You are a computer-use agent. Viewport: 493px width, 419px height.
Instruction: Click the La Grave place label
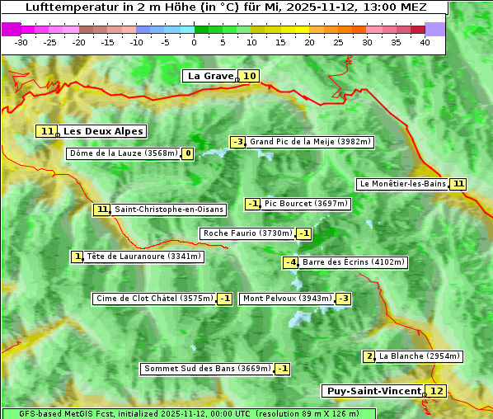pyautogui.click(x=210, y=76)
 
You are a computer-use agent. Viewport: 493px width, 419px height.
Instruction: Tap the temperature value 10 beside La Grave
pyautogui.click(x=250, y=76)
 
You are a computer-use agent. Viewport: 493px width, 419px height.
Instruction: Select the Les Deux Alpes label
pyautogui.click(x=103, y=131)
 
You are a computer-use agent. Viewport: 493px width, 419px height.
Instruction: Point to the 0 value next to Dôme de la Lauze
pyautogui.click(x=188, y=153)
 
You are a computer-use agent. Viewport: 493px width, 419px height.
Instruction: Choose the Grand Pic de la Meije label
pyautogui.click(x=311, y=142)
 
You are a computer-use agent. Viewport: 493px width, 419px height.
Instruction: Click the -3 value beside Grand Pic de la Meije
pyautogui.click(x=237, y=142)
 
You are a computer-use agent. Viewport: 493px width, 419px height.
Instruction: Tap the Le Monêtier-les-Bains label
pyautogui.click(x=402, y=184)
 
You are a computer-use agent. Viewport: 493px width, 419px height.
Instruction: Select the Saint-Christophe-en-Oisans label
pyautogui.click(x=168, y=209)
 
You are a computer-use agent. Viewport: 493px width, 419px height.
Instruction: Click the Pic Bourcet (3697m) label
pyautogui.click(x=307, y=204)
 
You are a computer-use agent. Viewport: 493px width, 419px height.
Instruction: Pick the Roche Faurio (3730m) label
pyautogui.click(x=247, y=233)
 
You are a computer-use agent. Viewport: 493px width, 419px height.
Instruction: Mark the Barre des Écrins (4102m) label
pyautogui.click(x=354, y=262)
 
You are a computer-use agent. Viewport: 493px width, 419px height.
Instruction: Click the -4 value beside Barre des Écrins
pyautogui.click(x=290, y=262)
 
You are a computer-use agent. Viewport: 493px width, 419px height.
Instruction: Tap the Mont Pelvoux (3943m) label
pyautogui.click(x=287, y=299)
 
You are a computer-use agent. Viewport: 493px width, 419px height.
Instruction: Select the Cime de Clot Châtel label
pyautogui.click(x=154, y=299)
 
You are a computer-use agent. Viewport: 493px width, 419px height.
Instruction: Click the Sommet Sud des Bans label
pyautogui.click(x=206, y=369)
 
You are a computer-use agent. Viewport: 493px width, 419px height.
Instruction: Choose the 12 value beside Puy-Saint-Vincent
pyautogui.click(x=436, y=391)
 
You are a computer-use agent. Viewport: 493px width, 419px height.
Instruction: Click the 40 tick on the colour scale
pyautogui.click(x=425, y=42)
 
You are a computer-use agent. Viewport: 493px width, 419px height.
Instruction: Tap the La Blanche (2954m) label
pyautogui.click(x=419, y=356)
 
